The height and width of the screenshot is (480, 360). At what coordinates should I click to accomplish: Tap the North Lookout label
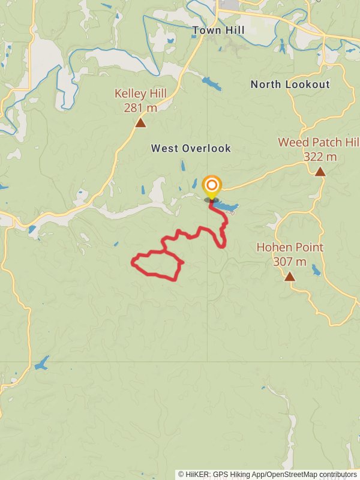pyautogui.click(x=290, y=85)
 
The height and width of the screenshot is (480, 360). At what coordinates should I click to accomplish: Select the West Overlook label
pyautogui.click(x=191, y=148)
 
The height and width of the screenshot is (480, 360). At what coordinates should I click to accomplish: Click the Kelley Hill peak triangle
pyautogui.click(x=140, y=123)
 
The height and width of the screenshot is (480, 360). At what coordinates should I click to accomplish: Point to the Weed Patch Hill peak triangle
pyautogui.click(x=320, y=172)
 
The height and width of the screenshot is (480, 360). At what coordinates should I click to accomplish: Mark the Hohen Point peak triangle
pyautogui.click(x=290, y=277)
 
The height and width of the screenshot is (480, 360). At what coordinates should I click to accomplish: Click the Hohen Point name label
pyautogui.click(x=290, y=247)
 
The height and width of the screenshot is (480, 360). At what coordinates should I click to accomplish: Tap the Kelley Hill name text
pyautogui.click(x=140, y=94)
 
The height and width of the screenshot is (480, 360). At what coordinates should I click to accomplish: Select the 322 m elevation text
pyautogui.click(x=320, y=157)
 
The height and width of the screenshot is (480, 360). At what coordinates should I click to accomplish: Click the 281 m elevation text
pyautogui.click(x=140, y=108)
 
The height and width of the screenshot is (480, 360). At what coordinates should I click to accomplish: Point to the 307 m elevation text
pyautogui.click(x=290, y=262)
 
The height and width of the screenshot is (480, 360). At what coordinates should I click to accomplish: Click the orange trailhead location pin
pyautogui.click(x=211, y=186)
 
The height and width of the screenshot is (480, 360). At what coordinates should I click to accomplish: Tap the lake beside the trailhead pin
pyautogui.click(x=226, y=207)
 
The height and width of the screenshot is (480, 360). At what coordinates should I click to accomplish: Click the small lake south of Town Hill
pyautogui.click(x=211, y=83)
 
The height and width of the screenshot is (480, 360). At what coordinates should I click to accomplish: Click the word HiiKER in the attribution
pyautogui.click(x=197, y=474)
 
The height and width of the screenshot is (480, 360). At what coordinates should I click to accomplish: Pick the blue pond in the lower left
pyautogui.click(x=41, y=364)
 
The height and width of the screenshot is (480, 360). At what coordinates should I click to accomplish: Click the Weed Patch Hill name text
pyautogui.click(x=318, y=142)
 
